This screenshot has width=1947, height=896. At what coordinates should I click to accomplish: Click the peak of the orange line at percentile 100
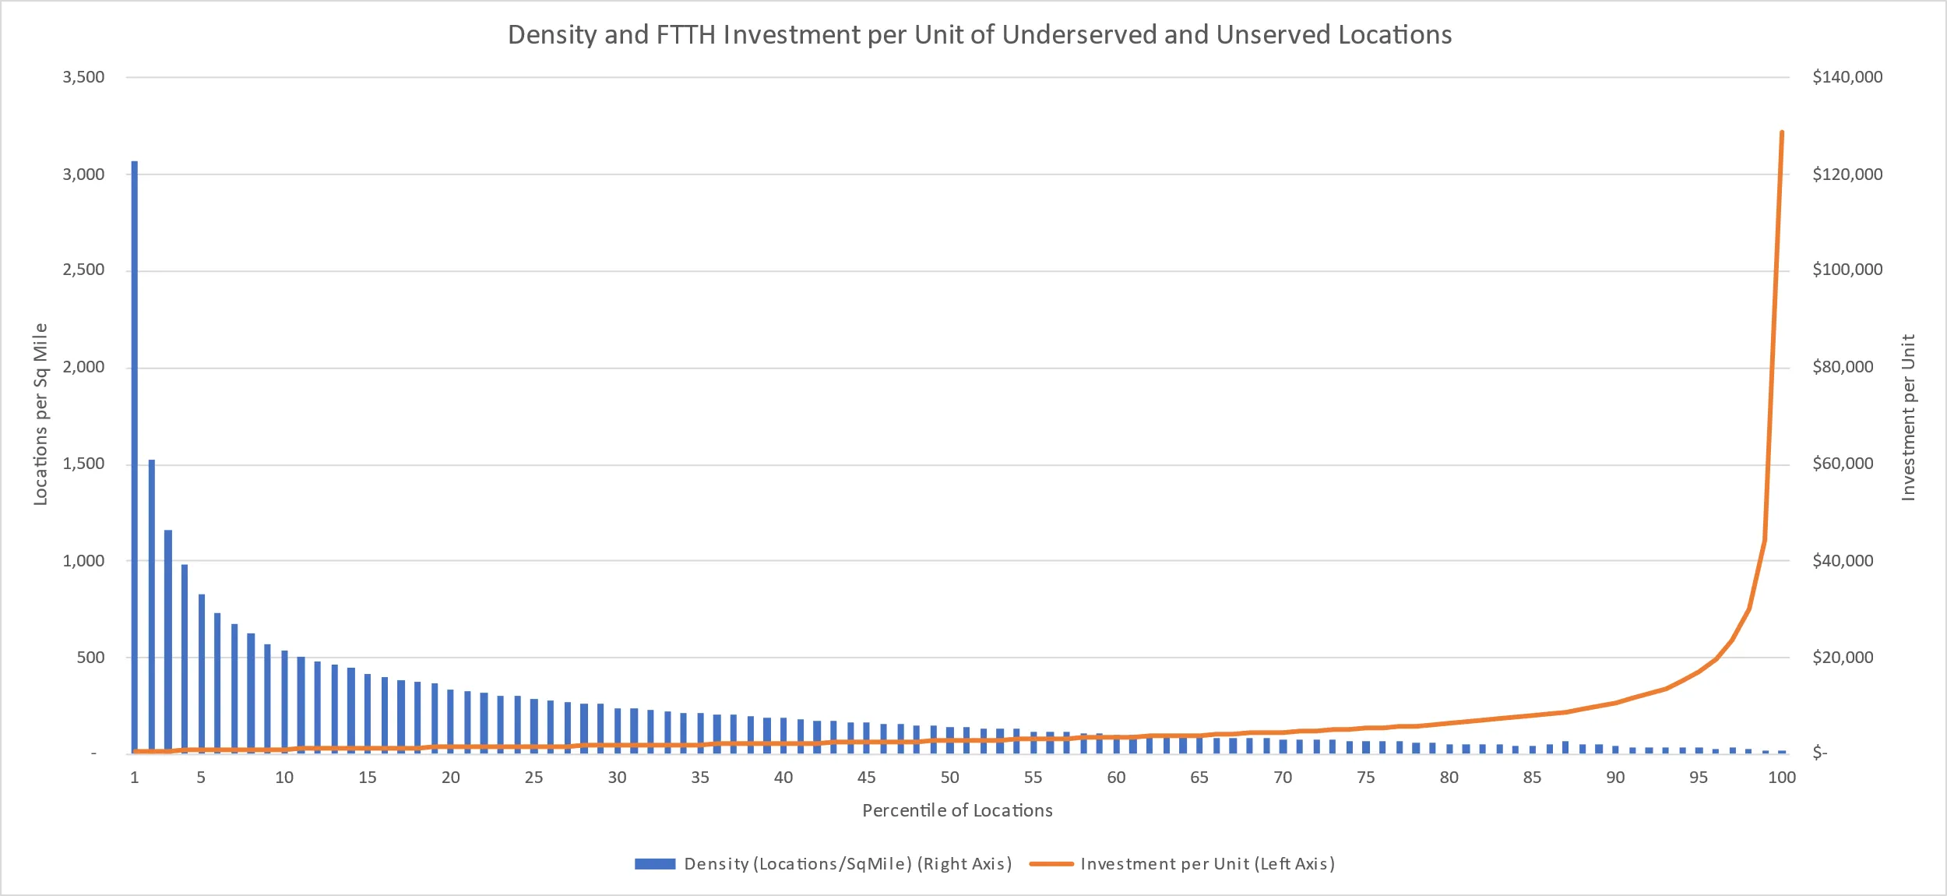pos(1782,133)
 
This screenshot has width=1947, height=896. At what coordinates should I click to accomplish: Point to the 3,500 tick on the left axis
pos(83,77)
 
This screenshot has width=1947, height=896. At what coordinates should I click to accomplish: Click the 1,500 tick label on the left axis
pos(83,464)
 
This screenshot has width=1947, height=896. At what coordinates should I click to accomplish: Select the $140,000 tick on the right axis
pos(1847,77)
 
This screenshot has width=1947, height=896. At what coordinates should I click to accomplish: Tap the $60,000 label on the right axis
pos(1843,464)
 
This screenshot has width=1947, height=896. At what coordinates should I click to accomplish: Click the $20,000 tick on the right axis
pos(1843,657)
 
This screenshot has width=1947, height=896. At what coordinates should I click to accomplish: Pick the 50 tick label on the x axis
pos(949,777)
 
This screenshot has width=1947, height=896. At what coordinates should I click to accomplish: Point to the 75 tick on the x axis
pos(1365,777)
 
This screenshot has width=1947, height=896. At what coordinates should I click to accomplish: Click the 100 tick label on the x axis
pos(1782,777)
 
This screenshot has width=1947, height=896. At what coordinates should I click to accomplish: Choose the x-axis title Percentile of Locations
pos(957,810)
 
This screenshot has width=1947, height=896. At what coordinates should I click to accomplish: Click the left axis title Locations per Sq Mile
pos(40,414)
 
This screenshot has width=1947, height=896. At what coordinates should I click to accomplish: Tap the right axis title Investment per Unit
pos(1907,417)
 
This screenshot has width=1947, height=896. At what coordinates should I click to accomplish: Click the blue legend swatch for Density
pos(654,863)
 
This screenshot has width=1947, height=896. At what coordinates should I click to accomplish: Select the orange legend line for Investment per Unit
pos(1051,863)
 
